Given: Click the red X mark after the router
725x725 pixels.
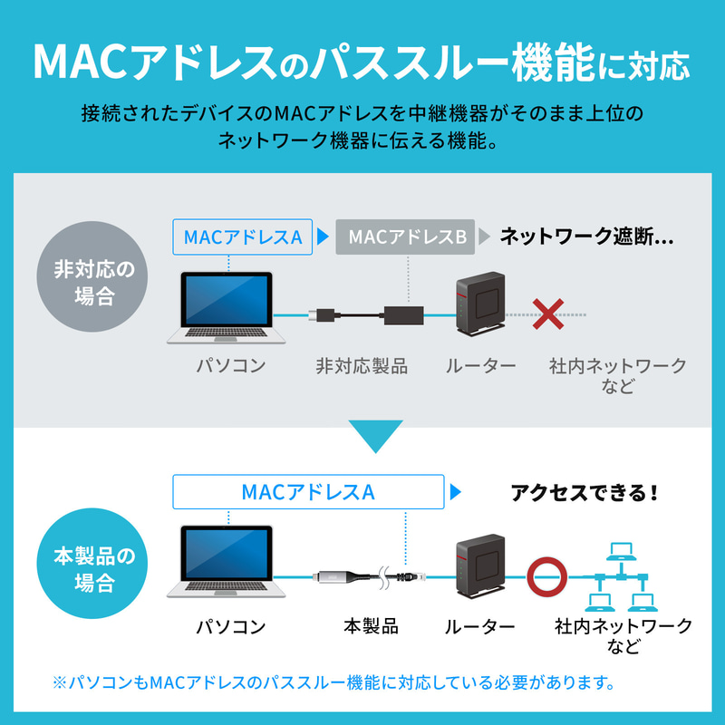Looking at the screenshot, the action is click(x=547, y=314).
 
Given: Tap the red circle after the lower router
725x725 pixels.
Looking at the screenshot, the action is click(x=548, y=574).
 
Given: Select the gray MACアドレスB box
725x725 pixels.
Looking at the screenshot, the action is click(x=407, y=237).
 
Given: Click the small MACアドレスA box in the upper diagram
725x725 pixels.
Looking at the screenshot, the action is click(x=242, y=237).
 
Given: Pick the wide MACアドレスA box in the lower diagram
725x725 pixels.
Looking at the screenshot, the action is click(x=308, y=492).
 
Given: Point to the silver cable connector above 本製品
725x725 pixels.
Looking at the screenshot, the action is click(x=340, y=576).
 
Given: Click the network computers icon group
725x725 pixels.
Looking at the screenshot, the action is click(x=621, y=576).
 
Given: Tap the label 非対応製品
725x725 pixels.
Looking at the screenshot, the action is click(x=362, y=367).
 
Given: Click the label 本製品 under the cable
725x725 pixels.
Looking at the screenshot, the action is click(x=371, y=626).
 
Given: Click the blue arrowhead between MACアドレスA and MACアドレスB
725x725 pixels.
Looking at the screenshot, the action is click(x=322, y=238).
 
